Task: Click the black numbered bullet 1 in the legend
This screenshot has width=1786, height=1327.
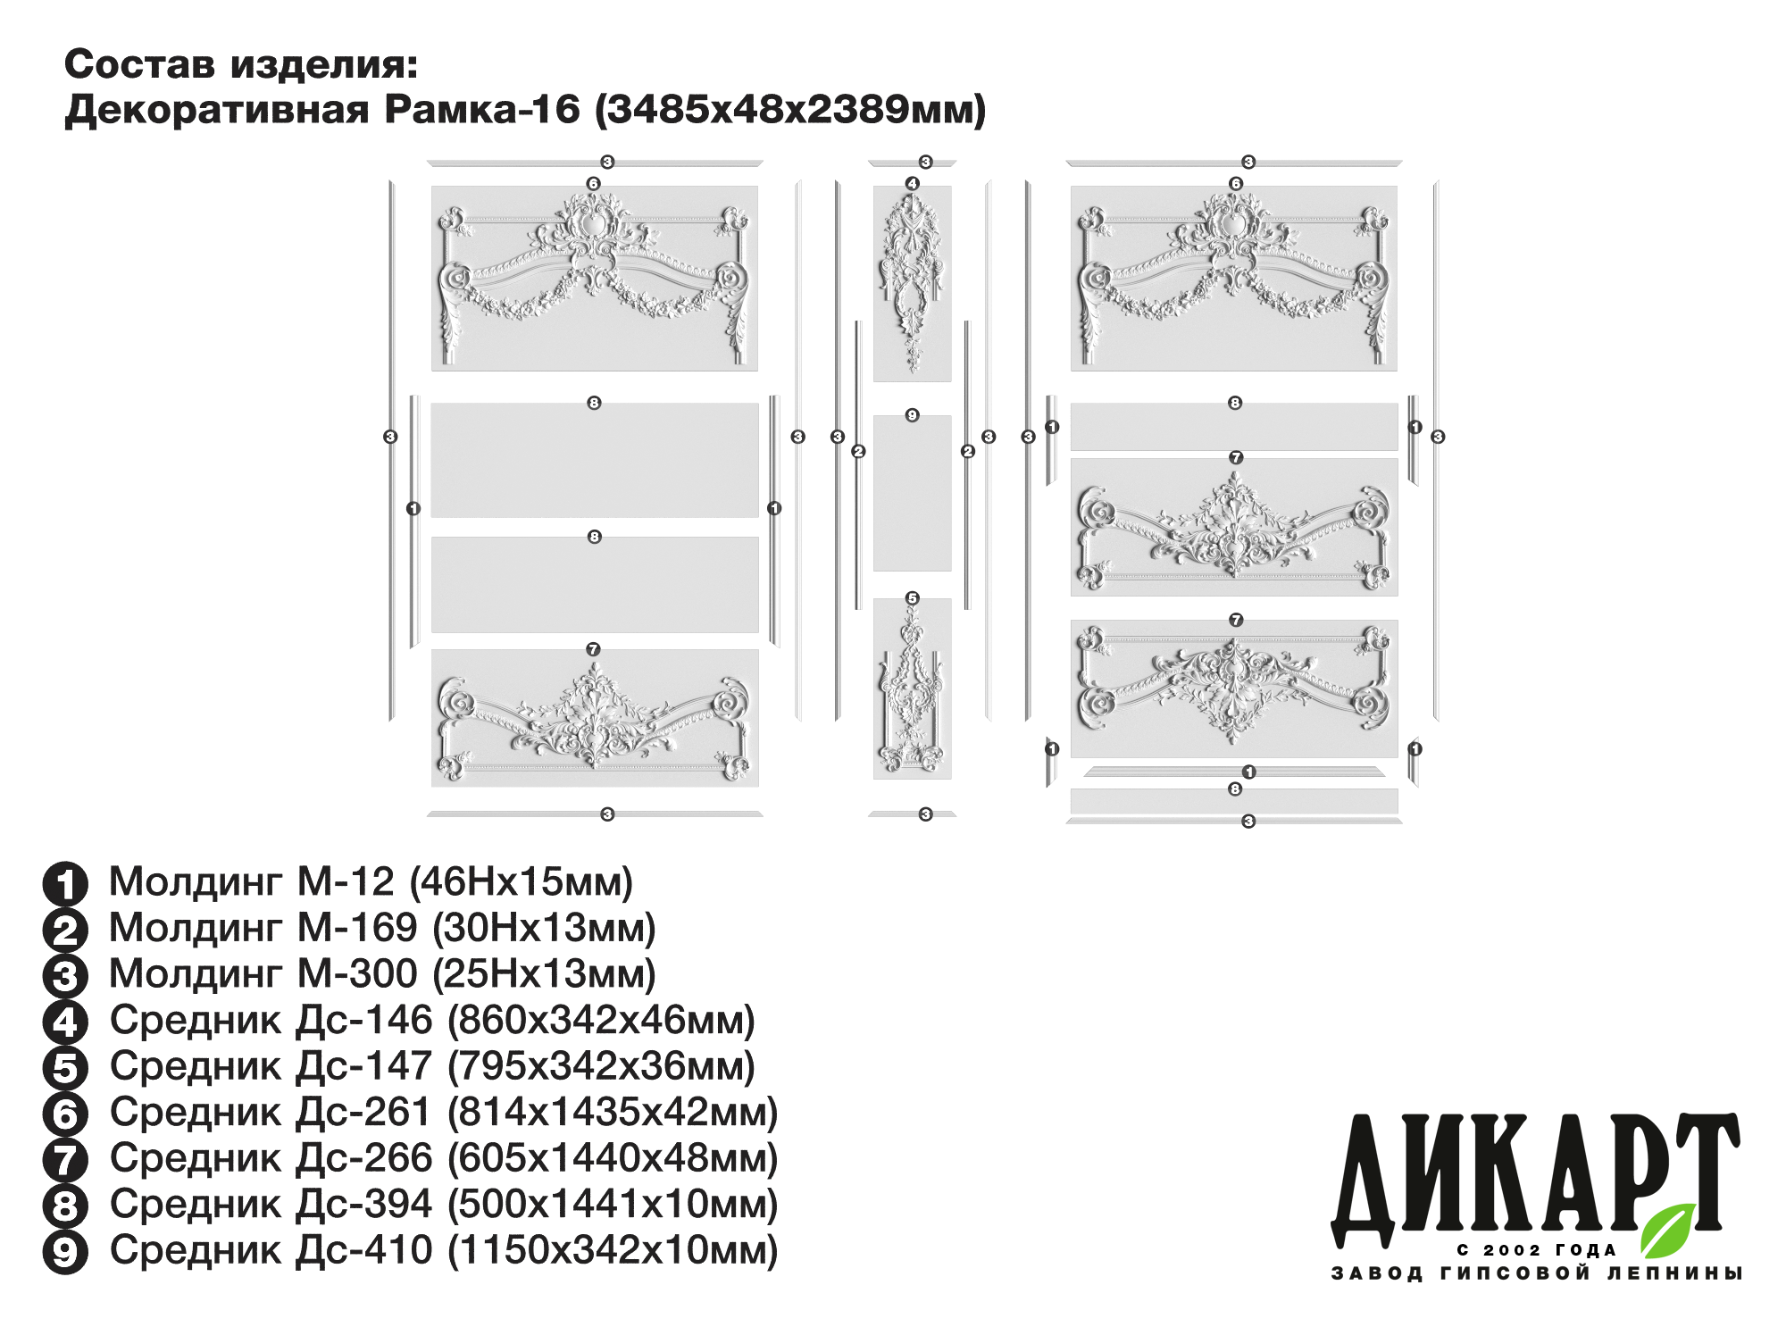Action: tap(65, 884)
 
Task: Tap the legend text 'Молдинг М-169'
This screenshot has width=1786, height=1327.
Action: tap(263, 928)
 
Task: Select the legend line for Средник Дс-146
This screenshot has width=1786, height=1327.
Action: tap(432, 1020)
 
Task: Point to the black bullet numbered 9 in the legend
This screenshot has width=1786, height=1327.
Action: tap(65, 1252)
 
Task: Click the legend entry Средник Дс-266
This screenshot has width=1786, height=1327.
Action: tap(444, 1158)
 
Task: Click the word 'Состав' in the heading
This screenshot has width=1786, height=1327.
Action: tap(141, 64)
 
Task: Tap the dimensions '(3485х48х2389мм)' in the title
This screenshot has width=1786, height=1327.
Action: tap(790, 110)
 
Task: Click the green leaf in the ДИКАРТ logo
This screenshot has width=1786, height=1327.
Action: tap(1668, 1230)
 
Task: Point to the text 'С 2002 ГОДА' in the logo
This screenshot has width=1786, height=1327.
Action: tap(1537, 1250)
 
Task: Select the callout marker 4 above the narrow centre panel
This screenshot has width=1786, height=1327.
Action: tap(912, 184)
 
